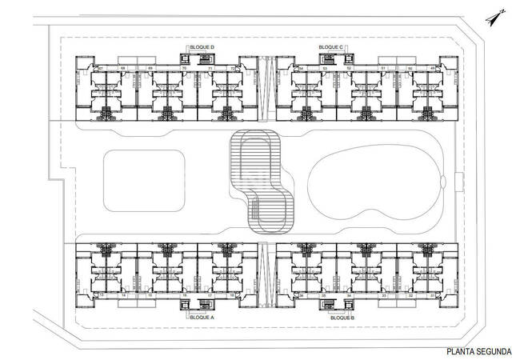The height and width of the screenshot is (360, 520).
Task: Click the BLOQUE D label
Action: pos(202,48)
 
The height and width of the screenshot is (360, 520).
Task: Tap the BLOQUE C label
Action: pos(330,48)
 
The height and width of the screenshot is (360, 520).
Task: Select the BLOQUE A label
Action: pos(202,317)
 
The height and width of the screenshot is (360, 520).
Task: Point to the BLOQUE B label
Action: pos(342,317)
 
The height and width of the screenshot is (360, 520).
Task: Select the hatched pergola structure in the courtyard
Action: pos(260,180)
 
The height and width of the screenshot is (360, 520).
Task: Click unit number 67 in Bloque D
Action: pos(101,70)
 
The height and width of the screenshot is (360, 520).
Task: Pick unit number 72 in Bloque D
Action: pos(233,70)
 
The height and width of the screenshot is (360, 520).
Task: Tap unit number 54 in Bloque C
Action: pos(301,70)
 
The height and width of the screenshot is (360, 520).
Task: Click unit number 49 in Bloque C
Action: pos(432,70)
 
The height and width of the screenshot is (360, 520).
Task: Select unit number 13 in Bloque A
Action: pos(102,295)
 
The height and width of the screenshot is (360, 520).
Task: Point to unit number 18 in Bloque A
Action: pos(233,295)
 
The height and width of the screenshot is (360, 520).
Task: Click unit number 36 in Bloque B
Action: pos(301,295)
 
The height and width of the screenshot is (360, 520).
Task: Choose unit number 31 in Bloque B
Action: pos(432,295)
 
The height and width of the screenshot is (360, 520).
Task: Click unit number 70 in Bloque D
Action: pos(185,70)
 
